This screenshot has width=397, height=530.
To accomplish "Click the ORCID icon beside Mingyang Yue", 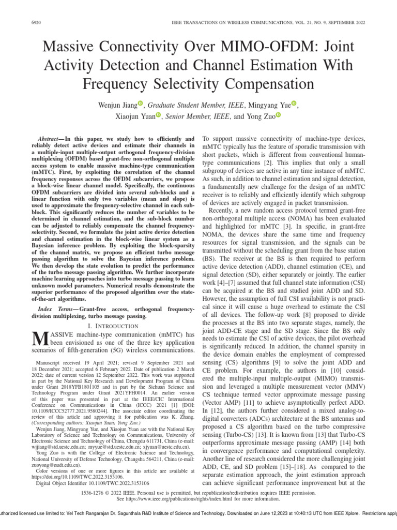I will pyautogui.click(x=294, y=105).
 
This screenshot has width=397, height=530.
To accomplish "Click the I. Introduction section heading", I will pyautogui.click(x=113, y=326).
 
